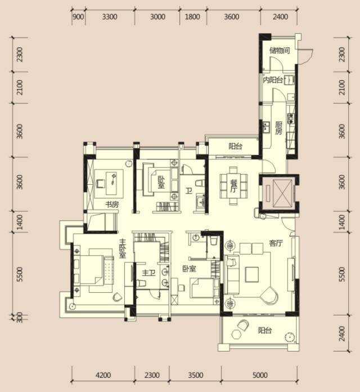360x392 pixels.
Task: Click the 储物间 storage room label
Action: [280, 51]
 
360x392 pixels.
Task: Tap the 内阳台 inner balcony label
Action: [273, 80]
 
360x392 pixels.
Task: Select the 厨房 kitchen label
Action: [279, 128]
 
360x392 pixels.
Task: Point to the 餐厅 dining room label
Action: [233, 186]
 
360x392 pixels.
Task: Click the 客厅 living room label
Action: [276, 243]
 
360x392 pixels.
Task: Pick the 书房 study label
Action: [112, 204]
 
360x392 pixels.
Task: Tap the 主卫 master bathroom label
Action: [149, 273]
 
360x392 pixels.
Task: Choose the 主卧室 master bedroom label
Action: [122, 248]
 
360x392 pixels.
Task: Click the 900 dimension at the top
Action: [78, 17]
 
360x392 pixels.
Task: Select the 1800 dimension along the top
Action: [192, 17]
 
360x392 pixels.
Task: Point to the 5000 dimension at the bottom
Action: [260, 375]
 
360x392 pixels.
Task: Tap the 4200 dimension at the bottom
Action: [103, 375]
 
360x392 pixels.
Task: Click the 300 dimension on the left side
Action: [20, 317]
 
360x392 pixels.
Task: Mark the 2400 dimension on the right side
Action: [342, 333]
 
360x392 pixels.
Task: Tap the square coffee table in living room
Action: [251, 274]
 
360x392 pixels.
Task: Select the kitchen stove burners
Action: [291, 118]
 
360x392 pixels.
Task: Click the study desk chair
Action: [101, 183]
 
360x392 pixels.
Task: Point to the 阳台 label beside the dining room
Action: [236, 146]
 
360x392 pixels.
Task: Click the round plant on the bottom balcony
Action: [290, 337]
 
